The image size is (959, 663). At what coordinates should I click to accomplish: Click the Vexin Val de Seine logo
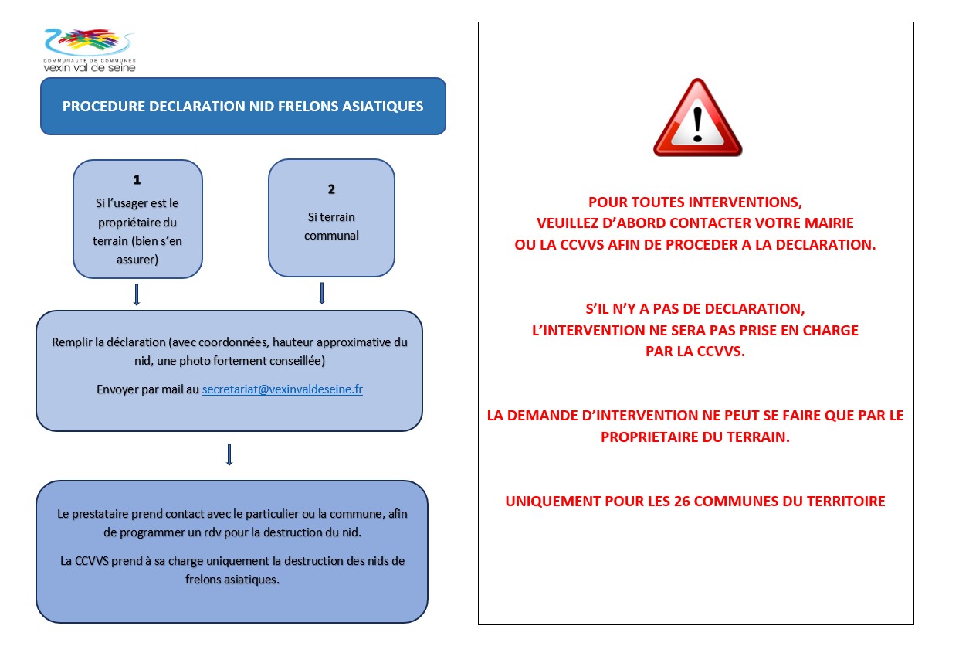pos(90,49)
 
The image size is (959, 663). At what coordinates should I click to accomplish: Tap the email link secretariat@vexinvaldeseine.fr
pos(282,389)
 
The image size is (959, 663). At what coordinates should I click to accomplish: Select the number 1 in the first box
pos(137,179)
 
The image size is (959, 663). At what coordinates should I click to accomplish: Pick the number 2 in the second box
pos(331,189)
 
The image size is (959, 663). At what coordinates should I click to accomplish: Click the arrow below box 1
pos(137,294)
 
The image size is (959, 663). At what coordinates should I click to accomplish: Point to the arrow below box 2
pos(322,293)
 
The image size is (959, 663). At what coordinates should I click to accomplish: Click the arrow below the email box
pos(229,454)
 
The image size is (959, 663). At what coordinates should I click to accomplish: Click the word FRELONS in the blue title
pos(307,107)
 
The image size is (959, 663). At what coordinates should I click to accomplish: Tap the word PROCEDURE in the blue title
pos(101,107)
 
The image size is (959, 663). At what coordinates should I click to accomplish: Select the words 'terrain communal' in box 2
pos(331,226)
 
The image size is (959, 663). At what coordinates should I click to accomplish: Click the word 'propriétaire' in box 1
pos(137,222)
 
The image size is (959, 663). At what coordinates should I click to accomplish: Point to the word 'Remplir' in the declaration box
pos(71,342)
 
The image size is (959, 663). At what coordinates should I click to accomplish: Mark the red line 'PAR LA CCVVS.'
pos(695,352)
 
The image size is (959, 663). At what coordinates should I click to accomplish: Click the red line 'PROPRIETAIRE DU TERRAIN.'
pos(695,437)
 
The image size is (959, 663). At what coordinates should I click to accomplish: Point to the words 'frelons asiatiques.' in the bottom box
pos(232,579)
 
